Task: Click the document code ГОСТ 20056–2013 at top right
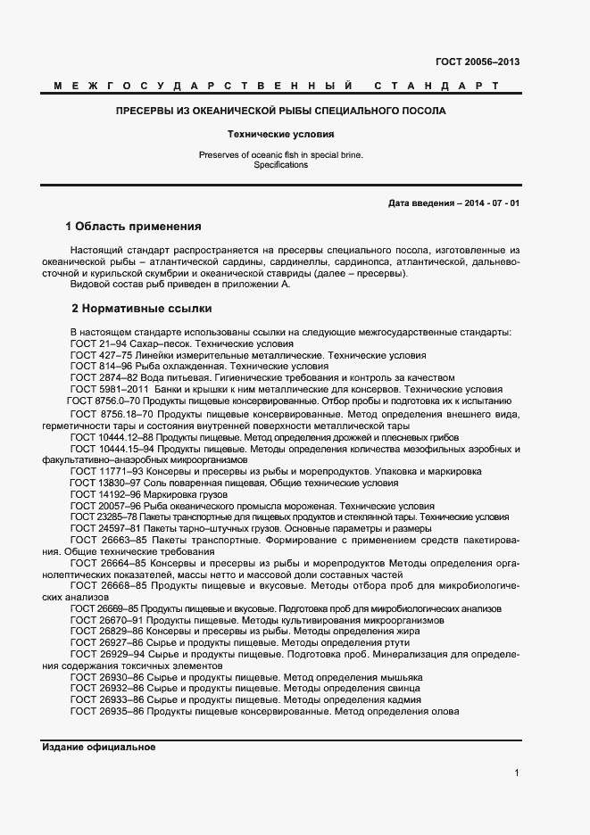pos(478,62)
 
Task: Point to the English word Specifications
pos(280,165)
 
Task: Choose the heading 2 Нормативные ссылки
pos(141,309)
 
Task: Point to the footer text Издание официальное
pos(98,748)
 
